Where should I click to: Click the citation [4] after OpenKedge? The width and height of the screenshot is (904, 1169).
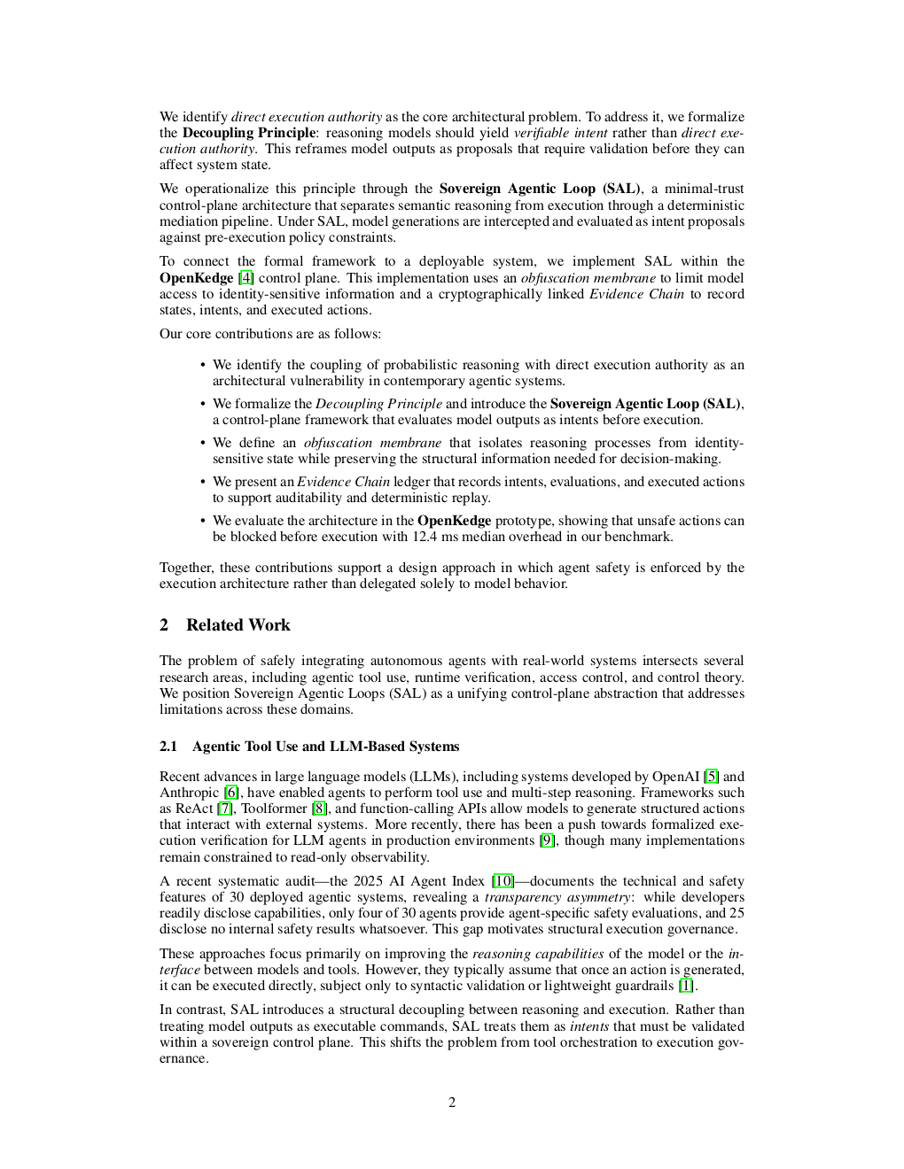pyautogui.click(x=245, y=278)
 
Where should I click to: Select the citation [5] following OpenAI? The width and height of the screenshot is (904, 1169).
pyautogui.click(x=711, y=777)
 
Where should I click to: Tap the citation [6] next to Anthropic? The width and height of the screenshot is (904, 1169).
pyautogui.click(x=231, y=793)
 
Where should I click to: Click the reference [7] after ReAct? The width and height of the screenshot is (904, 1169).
pyautogui.click(x=225, y=809)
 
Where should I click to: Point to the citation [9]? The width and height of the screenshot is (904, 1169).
pyautogui.click(x=548, y=840)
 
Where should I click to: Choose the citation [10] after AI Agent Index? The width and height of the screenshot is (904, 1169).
pyautogui.click(x=503, y=881)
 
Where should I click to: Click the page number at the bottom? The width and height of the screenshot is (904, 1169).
pyautogui.click(x=452, y=1103)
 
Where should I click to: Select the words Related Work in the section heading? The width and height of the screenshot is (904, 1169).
pyautogui.click(x=238, y=625)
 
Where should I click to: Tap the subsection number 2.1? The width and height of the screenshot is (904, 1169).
pyautogui.click(x=168, y=747)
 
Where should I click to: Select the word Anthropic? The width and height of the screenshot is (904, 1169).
pyautogui.click(x=189, y=793)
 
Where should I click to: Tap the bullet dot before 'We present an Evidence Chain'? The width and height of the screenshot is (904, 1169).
pyautogui.click(x=203, y=482)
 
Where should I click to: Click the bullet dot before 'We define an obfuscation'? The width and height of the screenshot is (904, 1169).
pyautogui.click(x=203, y=443)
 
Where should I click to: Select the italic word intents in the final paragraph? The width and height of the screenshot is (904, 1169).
pyautogui.click(x=588, y=1026)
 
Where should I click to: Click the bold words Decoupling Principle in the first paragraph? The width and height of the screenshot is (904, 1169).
pyautogui.click(x=248, y=133)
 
